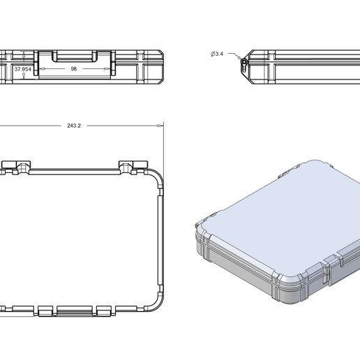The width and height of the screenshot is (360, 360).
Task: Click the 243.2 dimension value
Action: (74, 126)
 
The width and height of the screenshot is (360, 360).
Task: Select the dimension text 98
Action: (73, 69)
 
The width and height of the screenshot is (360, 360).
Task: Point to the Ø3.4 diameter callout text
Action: (216, 54)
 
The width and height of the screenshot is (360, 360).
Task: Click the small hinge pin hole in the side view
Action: (243, 62)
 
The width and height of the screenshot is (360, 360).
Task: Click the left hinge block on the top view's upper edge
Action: (20, 166)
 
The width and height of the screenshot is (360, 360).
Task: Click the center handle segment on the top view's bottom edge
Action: (75, 310)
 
